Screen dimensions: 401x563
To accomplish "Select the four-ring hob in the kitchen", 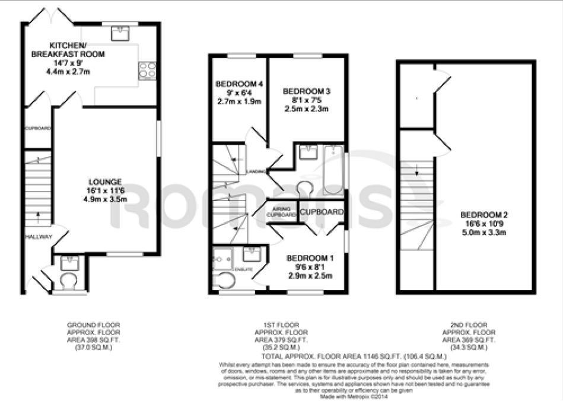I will [147, 70].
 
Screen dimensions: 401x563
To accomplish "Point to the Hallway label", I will [39, 237].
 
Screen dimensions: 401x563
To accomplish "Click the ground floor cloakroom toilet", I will [69, 279].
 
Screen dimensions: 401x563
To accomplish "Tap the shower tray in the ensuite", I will [224, 259].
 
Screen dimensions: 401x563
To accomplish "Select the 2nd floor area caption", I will [469, 336].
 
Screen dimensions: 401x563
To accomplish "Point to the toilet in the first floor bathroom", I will [306, 187].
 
